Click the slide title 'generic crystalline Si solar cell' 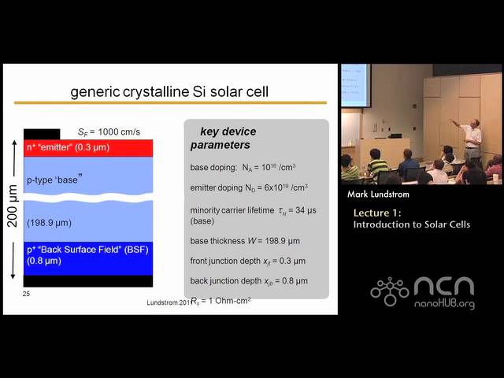[x=169, y=91]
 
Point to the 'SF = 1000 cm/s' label [x=109, y=132]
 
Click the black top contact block [x=42, y=133]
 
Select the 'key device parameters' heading [x=223, y=138]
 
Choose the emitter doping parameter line [x=249, y=187]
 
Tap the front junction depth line [x=247, y=261]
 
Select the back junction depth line [x=249, y=280]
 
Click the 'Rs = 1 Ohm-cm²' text [x=220, y=300]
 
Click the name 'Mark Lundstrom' [x=378, y=195]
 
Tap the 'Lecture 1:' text [x=376, y=213]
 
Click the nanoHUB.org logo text [x=446, y=303]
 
